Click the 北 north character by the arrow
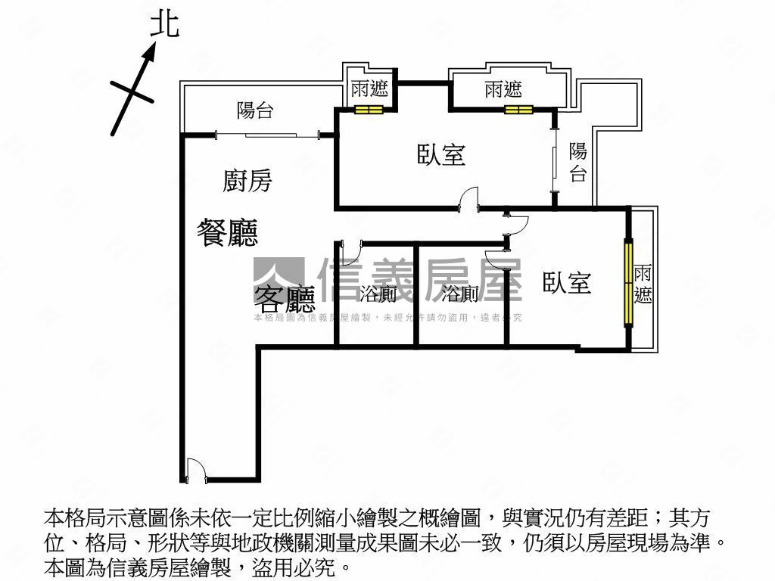164,24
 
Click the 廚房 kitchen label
247,181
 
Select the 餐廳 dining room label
227,231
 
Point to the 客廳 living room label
284,300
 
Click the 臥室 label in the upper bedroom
441,154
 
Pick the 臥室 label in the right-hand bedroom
567,283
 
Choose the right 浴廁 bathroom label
459,294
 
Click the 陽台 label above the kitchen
255,110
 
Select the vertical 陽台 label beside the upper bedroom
578,163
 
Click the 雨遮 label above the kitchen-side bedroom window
369,89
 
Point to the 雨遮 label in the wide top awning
503,90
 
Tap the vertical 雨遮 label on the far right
643,284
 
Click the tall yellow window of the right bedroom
628,283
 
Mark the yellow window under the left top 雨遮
369,110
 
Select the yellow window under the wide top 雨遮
519,110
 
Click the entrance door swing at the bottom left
196,470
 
